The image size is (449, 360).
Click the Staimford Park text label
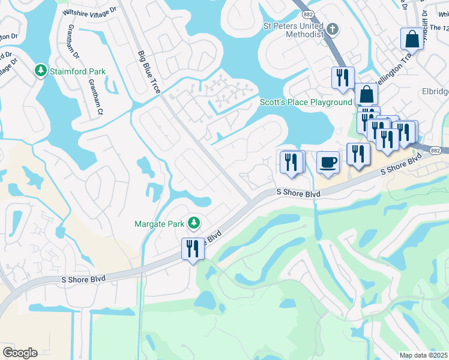click(78, 71)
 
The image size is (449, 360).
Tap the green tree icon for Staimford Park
click(41, 71)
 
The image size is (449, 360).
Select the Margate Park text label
click(158, 224)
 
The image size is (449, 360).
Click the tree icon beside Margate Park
click(193, 224)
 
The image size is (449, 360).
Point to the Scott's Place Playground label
click(306, 102)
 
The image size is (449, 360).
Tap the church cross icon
click(332, 28)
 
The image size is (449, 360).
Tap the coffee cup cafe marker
click(328, 162)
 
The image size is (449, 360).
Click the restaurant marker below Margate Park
click(193, 248)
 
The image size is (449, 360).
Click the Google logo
click(20, 353)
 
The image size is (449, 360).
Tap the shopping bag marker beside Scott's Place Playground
click(366, 95)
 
